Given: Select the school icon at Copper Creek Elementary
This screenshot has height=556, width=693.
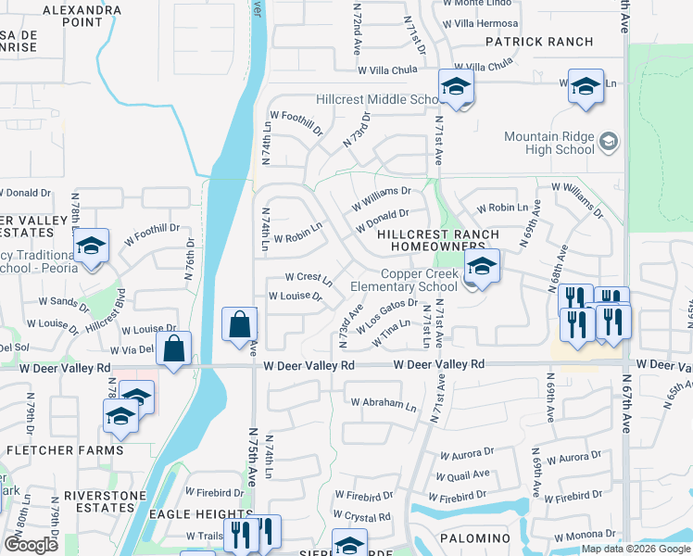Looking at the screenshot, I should [482, 268].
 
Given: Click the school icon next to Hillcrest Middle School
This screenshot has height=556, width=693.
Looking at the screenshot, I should [456, 88].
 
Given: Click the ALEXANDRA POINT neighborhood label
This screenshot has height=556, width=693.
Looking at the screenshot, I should [82, 16].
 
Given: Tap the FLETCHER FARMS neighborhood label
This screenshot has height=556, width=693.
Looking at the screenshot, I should [65, 450].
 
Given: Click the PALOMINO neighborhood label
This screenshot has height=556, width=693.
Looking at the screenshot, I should [474, 537].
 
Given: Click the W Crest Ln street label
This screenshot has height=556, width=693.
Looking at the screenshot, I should [308, 277].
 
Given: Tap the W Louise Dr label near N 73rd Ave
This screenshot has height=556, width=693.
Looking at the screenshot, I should [295, 297].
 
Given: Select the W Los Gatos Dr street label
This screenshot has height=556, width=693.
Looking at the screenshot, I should [387, 315].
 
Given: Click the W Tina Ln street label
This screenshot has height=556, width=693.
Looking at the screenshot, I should [391, 337].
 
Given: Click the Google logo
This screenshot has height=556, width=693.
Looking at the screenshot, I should [31, 545].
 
